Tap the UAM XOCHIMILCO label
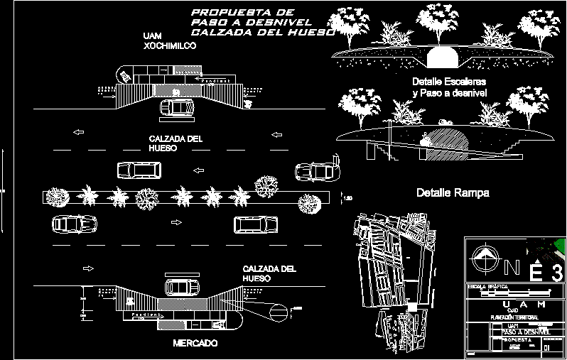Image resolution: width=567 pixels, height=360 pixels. click(169, 40)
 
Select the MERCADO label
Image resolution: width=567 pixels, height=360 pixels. click(195, 343)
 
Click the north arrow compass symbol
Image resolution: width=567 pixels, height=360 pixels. click(485, 258)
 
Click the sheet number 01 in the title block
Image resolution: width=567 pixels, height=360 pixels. click(546, 348)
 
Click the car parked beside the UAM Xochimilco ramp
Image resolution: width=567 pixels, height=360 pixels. click(177, 108)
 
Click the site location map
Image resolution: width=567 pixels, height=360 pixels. click(394, 277)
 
